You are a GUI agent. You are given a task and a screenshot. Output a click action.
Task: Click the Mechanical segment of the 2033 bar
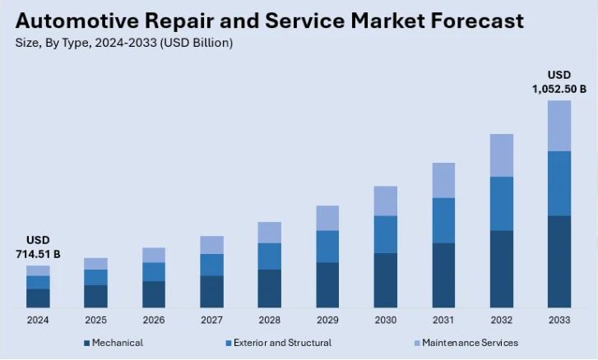coord(559,261)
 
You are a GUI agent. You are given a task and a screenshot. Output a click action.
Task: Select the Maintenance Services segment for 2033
coord(559,126)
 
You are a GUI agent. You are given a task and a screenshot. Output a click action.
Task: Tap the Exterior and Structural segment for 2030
coord(385,234)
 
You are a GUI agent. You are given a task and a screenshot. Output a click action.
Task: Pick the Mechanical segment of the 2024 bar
coord(38,298)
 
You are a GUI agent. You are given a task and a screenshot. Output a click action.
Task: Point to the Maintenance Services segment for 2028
coord(269,233)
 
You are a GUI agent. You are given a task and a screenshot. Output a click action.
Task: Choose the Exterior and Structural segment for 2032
coord(501,204)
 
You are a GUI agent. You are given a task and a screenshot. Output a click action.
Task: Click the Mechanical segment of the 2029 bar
coord(327,284)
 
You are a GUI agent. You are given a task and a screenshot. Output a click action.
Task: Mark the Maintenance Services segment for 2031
coord(443,180)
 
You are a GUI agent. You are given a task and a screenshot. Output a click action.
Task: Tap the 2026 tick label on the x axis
coord(154,319)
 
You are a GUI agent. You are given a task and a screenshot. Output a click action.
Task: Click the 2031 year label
coord(443,319)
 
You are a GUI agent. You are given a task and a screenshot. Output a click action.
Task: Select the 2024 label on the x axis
coord(38,319)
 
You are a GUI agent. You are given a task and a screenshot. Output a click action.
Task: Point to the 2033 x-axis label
coord(559,319)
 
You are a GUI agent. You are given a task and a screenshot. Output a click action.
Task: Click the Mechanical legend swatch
coord(86,343)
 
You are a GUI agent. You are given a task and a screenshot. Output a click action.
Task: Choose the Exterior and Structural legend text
coord(282,343)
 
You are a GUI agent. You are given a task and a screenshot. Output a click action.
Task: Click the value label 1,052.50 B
coord(559,89)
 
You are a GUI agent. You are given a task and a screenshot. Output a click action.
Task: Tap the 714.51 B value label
coord(38,254)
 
